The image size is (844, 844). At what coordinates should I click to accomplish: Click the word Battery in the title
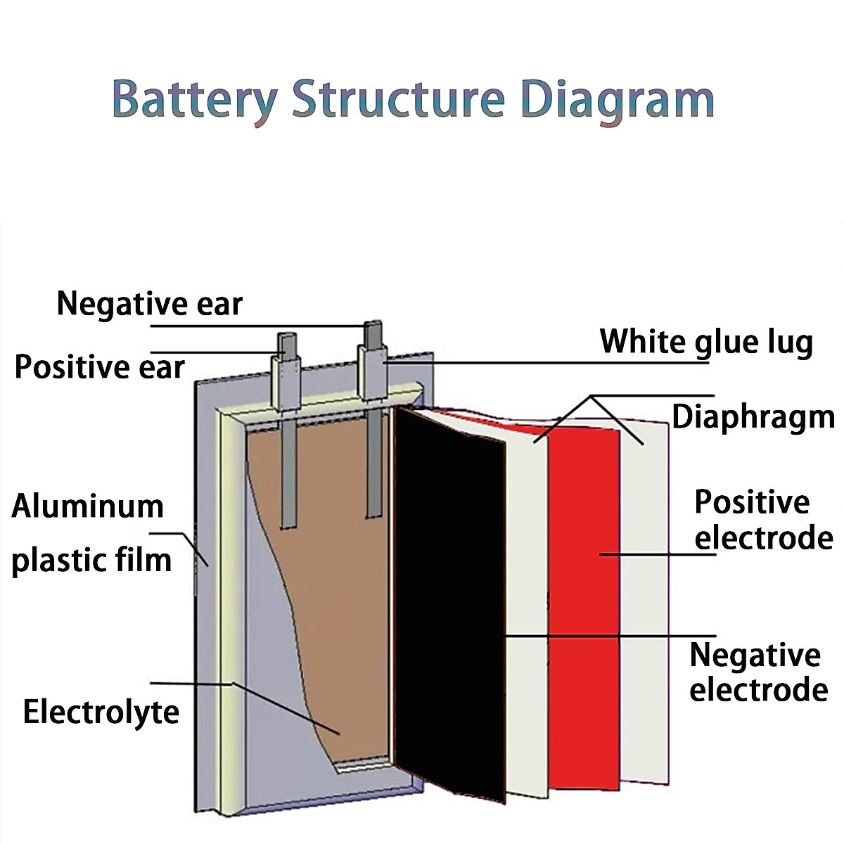[194, 99]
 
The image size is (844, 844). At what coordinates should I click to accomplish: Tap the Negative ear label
[149, 304]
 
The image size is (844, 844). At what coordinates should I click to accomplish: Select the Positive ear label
[99, 367]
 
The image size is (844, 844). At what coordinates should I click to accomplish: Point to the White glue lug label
[706, 342]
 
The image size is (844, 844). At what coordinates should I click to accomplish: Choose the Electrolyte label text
[101, 712]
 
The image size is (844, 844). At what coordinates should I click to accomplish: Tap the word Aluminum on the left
[88, 506]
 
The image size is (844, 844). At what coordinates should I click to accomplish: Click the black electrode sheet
[449, 605]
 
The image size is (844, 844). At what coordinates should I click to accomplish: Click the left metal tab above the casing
[287, 373]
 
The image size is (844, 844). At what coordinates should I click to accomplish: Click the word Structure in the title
[399, 99]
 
